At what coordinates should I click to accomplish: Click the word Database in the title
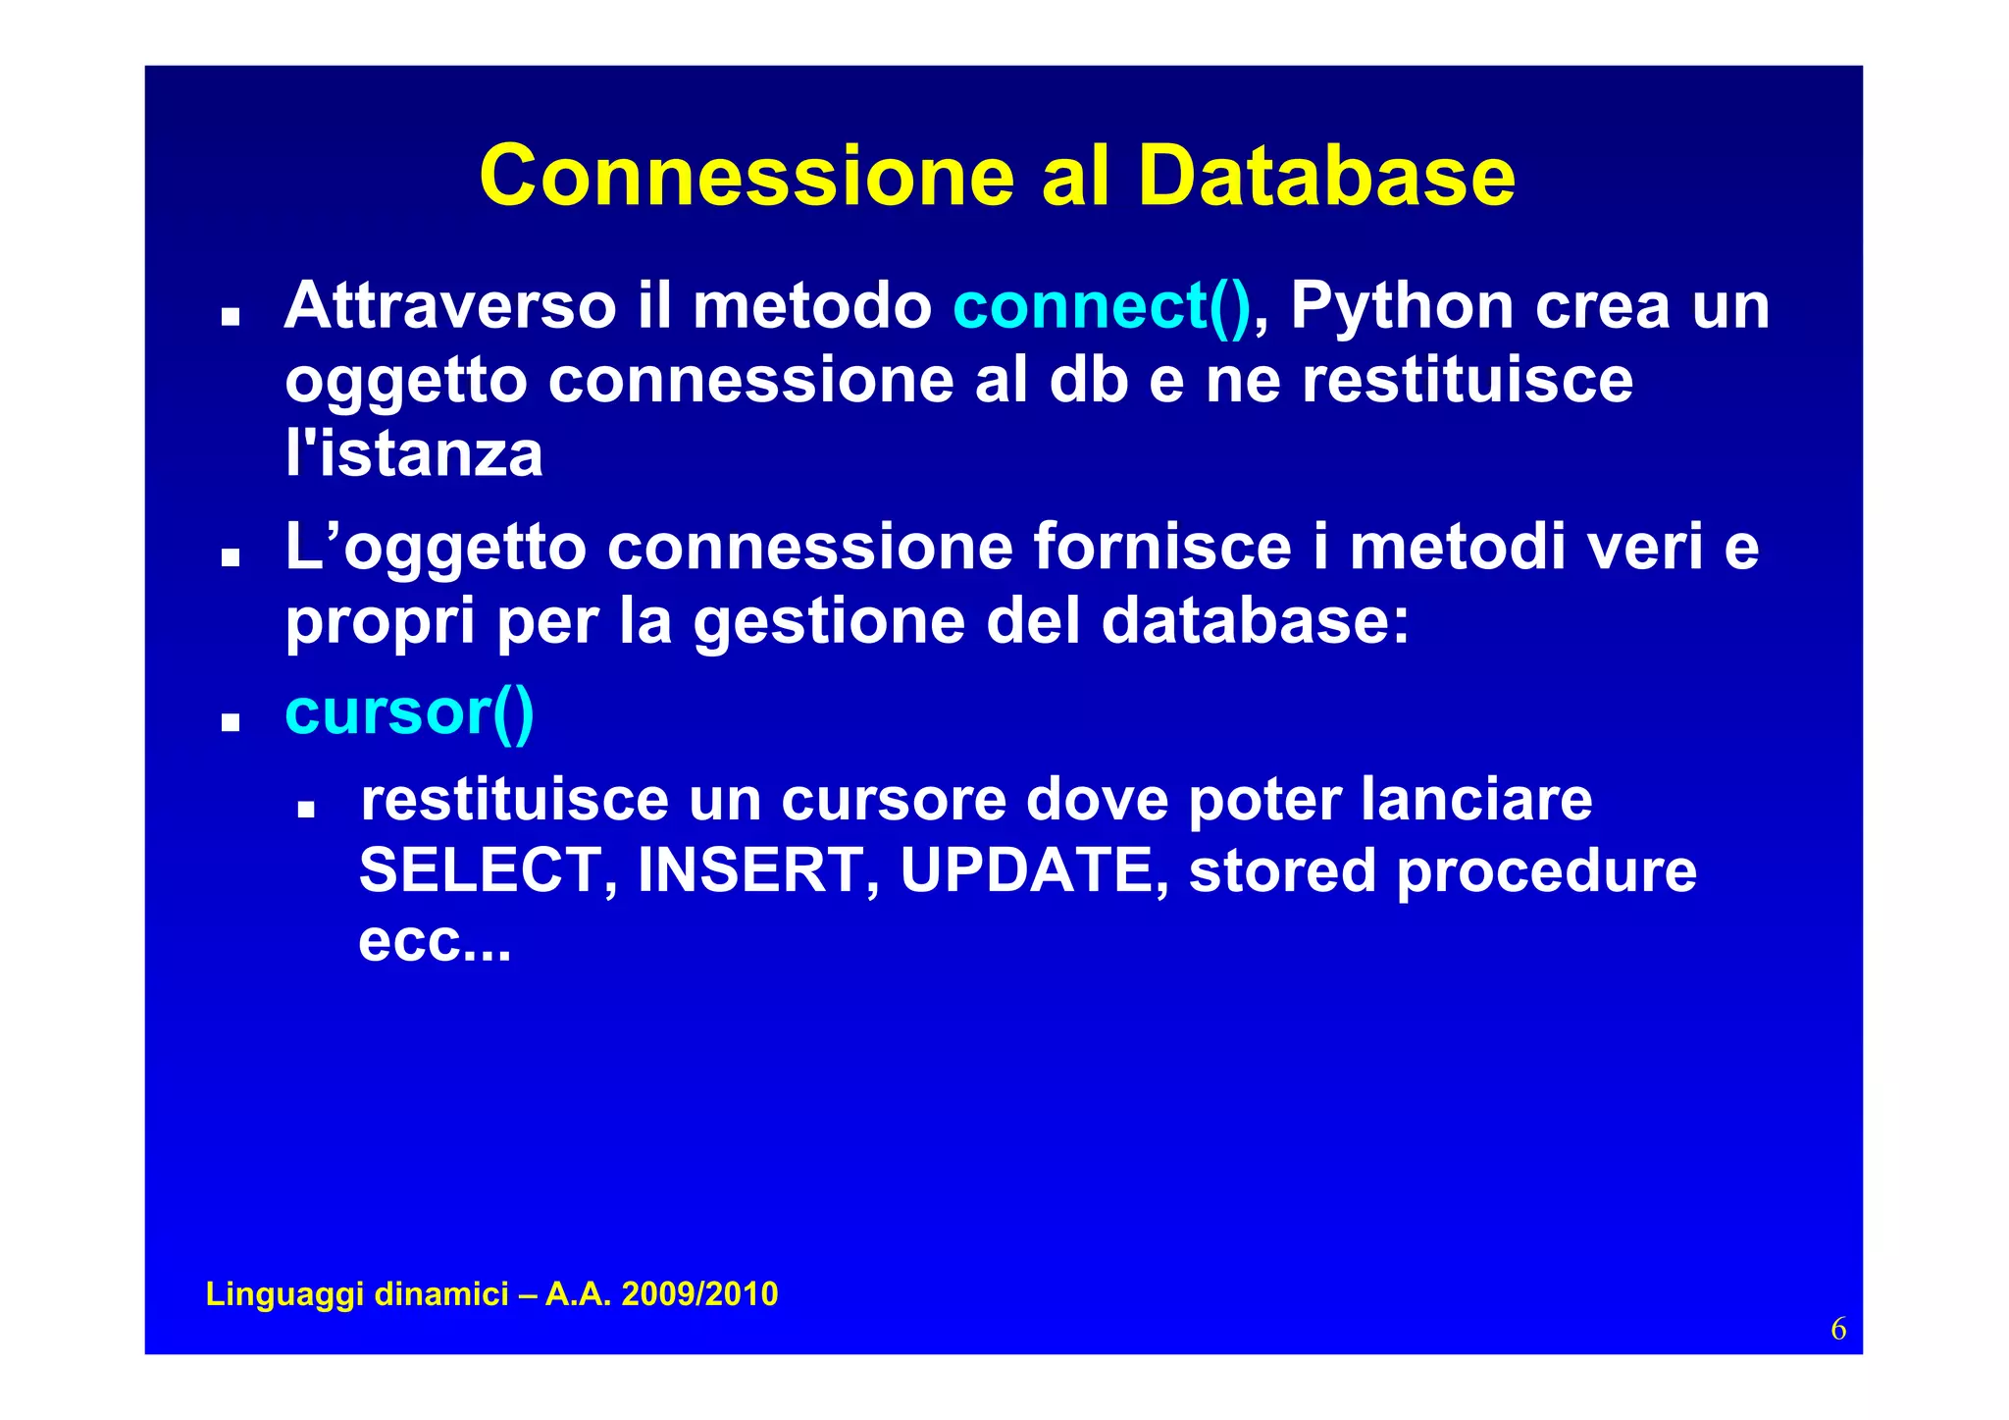coord(1326,177)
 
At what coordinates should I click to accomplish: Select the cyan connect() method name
coord(1102,306)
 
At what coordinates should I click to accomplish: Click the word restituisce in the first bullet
coord(1467,380)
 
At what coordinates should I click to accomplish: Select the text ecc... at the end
coord(435,942)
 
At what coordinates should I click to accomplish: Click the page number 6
coord(1837,1329)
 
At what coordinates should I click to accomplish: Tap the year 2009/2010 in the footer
coord(699,1293)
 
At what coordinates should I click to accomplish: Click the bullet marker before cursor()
coord(231,723)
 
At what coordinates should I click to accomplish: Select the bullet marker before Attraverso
coord(231,317)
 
